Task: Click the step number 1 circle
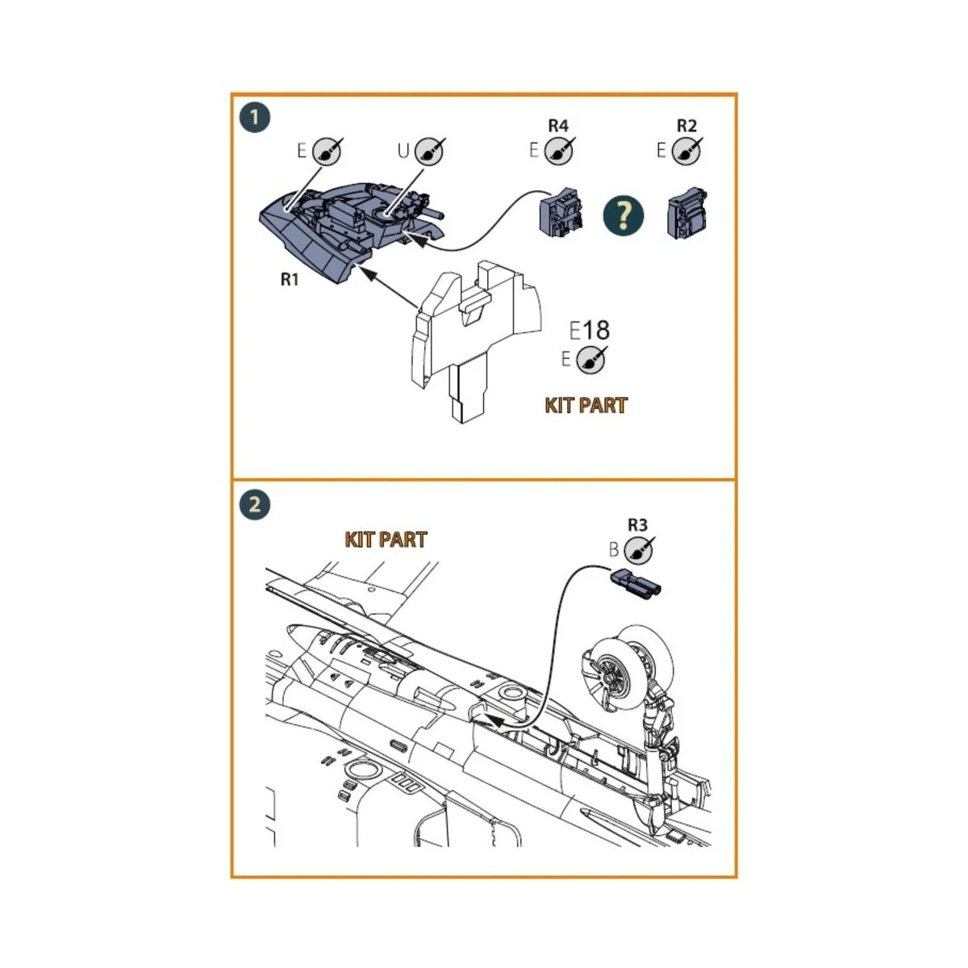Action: coord(255,118)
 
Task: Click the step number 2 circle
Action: coord(255,506)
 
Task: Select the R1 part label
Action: coord(290,280)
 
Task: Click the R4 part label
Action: coord(557,126)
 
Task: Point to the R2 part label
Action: coord(686,126)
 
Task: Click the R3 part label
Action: coord(637,525)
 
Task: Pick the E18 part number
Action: coord(590,330)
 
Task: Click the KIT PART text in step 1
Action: coord(586,405)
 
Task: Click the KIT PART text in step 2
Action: coord(386,540)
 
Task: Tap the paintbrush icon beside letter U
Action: coord(429,151)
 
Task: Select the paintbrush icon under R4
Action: coord(559,151)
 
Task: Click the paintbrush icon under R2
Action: coord(687,151)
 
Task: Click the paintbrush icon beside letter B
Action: coord(639,550)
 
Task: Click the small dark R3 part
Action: coord(636,582)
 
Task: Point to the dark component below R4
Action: coord(562,214)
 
